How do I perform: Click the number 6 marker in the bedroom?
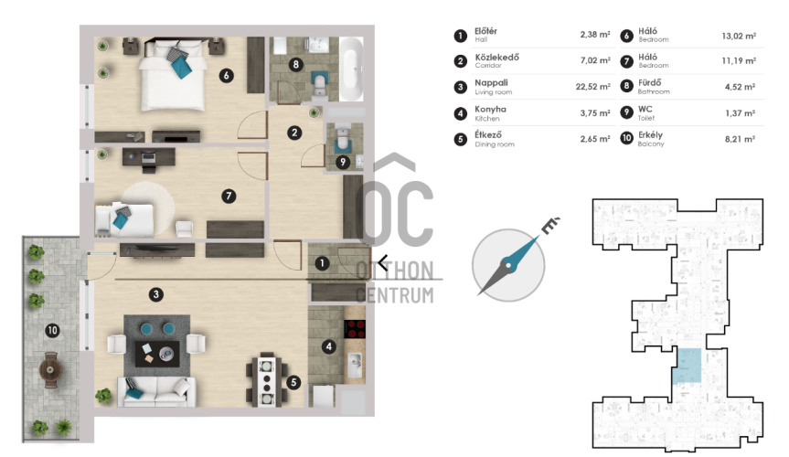click(227, 76)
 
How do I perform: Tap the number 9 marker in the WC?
click(343, 162)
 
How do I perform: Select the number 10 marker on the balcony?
click(52, 331)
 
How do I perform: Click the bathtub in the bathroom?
click(351, 69)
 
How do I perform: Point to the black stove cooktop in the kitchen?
click(355, 329)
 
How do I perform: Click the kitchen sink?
click(355, 365)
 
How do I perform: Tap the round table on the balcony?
click(50, 370)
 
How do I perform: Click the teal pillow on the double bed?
click(181, 68)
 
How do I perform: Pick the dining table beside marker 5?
click(267, 380)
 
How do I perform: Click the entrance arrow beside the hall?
click(383, 262)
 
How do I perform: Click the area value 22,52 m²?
click(592, 87)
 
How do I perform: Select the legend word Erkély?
click(651, 135)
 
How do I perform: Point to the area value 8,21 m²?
click(740, 139)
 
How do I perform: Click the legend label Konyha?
click(491, 109)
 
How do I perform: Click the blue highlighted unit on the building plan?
click(688, 366)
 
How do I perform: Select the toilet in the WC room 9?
click(343, 137)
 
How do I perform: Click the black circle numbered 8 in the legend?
click(626, 86)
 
